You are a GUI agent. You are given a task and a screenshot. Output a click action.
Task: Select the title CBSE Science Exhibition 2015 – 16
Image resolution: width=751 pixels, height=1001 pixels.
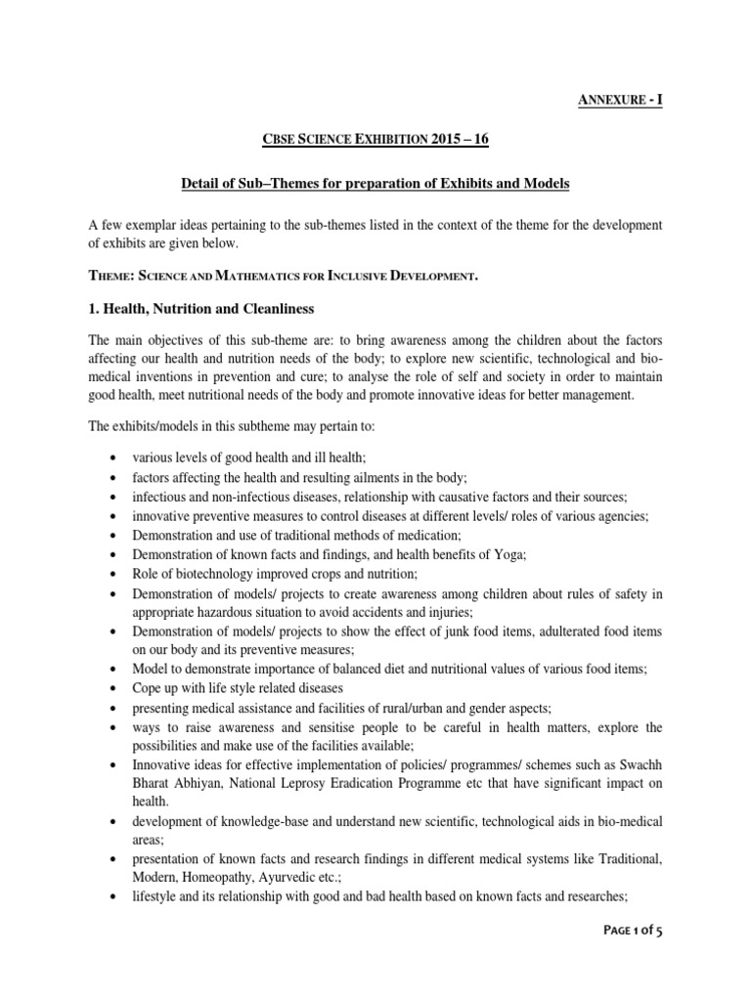[x=375, y=141]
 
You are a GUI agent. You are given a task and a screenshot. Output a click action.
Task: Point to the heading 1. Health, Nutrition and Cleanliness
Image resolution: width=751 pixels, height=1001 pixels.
[x=200, y=309]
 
